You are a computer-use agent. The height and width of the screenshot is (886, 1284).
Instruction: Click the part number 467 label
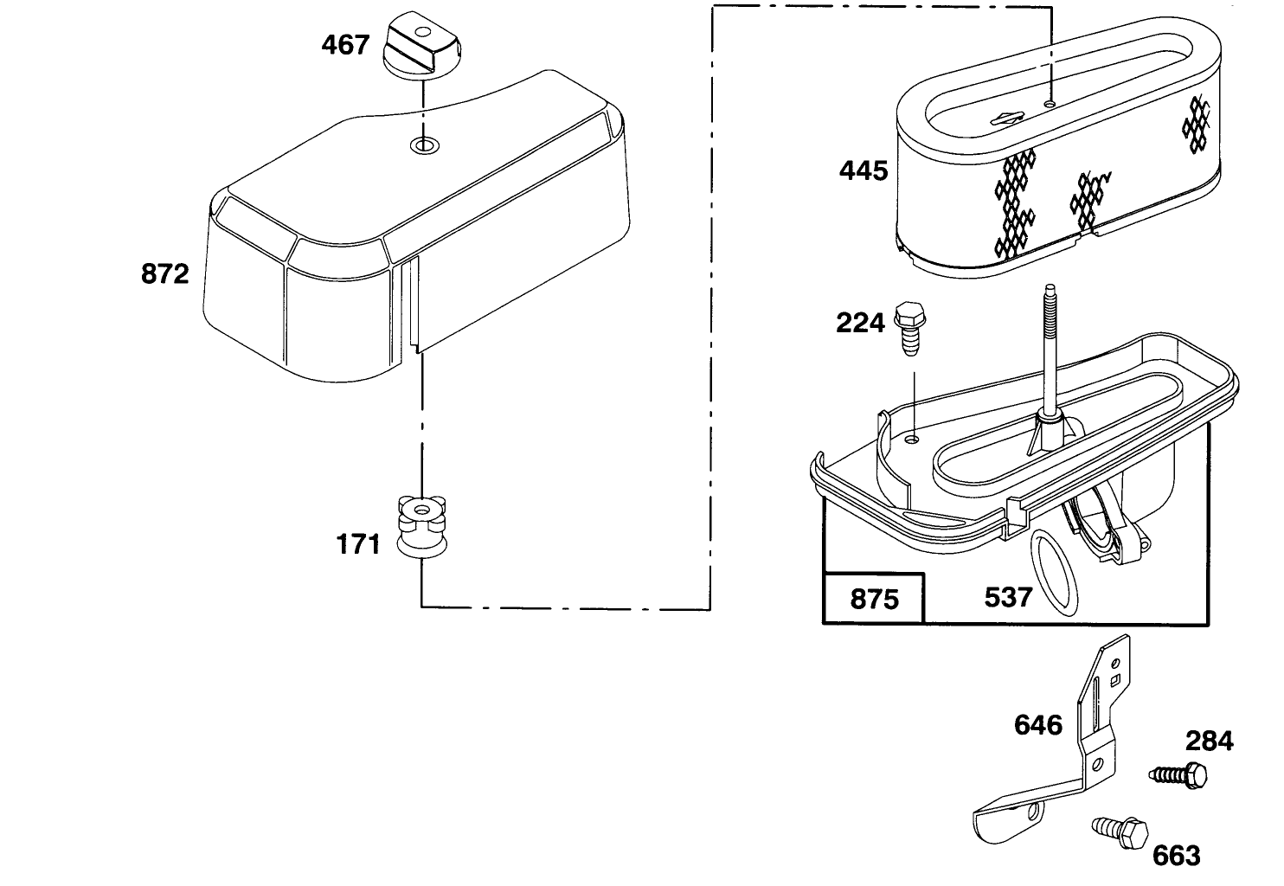[x=345, y=44]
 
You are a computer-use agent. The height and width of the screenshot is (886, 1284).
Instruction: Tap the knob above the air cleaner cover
[x=419, y=48]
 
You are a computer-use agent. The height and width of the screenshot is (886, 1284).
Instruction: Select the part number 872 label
[x=164, y=274]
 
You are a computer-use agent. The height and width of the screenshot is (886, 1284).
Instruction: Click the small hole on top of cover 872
[x=423, y=144]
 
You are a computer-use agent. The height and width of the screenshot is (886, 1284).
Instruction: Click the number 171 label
[x=358, y=544]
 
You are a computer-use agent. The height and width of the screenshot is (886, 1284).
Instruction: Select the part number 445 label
[x=863, y=170]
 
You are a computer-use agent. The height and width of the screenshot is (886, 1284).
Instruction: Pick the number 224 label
[x=860, y=323]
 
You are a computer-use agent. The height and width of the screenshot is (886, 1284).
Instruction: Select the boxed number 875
[x=874, y=599]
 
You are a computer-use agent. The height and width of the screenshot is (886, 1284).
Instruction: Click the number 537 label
[x=1008, y=596]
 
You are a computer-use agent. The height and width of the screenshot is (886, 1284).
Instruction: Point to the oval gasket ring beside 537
[x=1056, y=575]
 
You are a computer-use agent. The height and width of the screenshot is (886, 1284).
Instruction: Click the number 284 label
[x=1210, y=741]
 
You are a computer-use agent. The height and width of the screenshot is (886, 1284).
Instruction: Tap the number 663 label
[x=1177, y=856]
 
